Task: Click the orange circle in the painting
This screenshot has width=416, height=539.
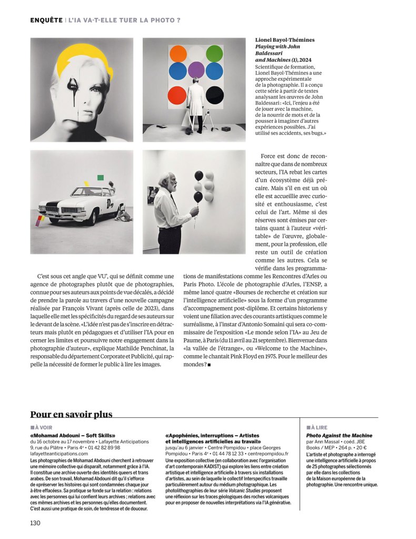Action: (178, 54)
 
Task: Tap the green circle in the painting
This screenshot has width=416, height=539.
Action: (214, 53)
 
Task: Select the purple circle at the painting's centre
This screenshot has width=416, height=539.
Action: (196, 70)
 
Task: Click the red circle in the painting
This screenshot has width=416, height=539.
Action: (177, 95)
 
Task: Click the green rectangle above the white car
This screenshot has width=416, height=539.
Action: (101, 178)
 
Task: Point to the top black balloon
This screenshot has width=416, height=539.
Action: (199, 175)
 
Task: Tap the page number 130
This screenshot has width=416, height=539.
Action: (35, 523)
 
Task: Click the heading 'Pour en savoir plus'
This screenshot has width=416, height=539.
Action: (71, 415)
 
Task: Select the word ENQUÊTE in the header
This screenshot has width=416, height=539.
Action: (46, 20)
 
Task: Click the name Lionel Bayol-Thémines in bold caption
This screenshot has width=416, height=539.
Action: (284, 40)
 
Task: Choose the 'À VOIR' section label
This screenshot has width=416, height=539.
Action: (42, 427)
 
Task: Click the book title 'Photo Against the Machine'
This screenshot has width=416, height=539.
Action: (339, 435)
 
